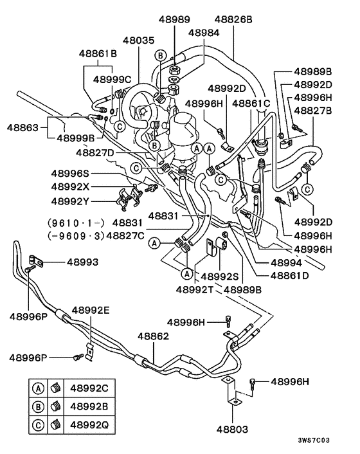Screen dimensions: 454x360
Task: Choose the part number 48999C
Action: pyautogui.click(x=112, y=79)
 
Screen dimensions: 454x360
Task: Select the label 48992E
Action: pyautogui.click(x=90, y=310)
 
